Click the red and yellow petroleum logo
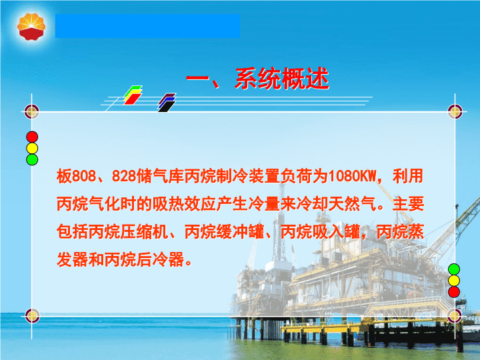[x=31, y=27]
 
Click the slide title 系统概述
[x=282, y=79]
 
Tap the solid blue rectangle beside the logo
[x=147, y=26]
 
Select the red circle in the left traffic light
[x=32, y=137]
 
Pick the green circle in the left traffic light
[x=32, y=159]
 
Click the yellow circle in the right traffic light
[x=454, y=281]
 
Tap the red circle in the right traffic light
[x=454, y=292]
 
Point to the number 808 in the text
[x=84, y=176]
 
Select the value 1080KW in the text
[x=352, y=176]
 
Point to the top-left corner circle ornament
[x=31, y=111]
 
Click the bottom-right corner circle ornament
[x=455, y=315]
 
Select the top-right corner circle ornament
[x=455, y=111]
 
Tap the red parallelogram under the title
[x=133, y=99]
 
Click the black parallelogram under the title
[x=167, y=107]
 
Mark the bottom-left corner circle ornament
[x=32, y=315]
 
